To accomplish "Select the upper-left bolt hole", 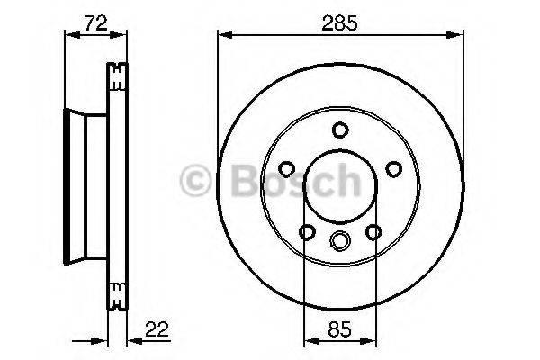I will pos(286,168).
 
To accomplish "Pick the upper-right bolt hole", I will pos(392,168).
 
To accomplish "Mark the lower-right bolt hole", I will pos(373,232).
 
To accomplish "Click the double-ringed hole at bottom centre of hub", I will pos(339,239).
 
